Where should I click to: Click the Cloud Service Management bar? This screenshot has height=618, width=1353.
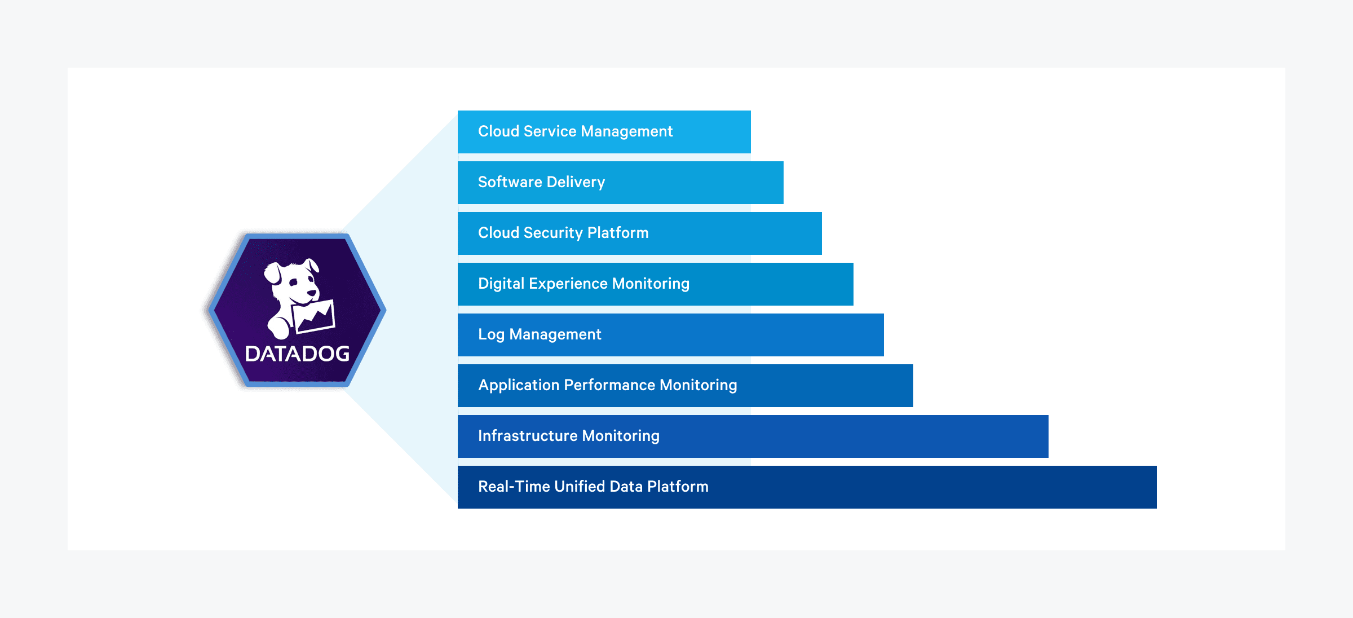[x=604, y=132]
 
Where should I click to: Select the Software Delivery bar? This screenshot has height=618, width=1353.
[x=620, y=183]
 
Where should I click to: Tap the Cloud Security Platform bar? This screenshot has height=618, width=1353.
[x=639, y=233]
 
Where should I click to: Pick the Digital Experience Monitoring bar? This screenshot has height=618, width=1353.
[x=655, y=284]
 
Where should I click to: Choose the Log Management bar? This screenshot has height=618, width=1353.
[x=670, y=335]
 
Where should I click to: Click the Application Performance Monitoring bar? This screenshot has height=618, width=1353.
[x=685, y=386]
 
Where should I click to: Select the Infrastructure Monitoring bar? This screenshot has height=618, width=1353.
[x=753, y=436]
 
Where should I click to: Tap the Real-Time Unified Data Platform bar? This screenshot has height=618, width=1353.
[x=807, y=487]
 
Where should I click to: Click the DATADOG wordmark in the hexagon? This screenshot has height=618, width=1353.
[x=297, y=354]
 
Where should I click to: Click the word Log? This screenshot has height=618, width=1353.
[x=491, y=335]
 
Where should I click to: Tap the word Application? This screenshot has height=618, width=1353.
[x=519, y=385]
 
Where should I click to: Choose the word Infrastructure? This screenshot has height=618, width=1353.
[x=528, y=436]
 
